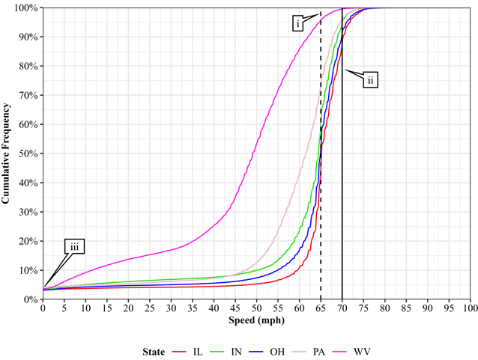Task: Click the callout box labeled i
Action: (x=298, y=24)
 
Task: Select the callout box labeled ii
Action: (x=370, y=79)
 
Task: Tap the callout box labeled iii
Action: (x=74, y=247)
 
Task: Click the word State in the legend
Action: (x=154, y=350)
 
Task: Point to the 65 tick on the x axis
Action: (x=321, y=308)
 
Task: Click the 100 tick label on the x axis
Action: (x=470, y=308)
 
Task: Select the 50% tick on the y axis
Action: (x=28, y=153)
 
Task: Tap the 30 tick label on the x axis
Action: (x=171, y=308)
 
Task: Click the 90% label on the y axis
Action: (x=28, y=37)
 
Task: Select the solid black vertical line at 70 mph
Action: (x=342, y=187)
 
